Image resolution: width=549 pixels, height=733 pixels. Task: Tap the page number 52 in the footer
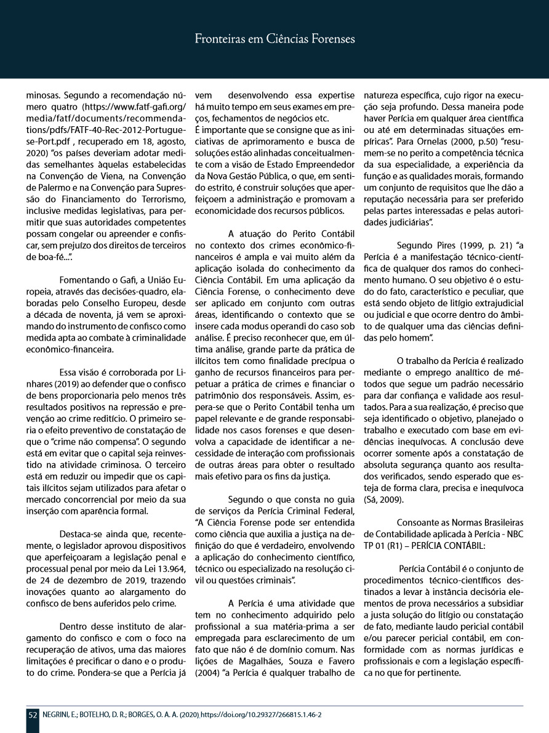tap(33, 715)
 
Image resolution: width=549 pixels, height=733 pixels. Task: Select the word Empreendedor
tap(326, 169)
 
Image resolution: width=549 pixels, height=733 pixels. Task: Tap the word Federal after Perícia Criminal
tap(337, 510)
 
